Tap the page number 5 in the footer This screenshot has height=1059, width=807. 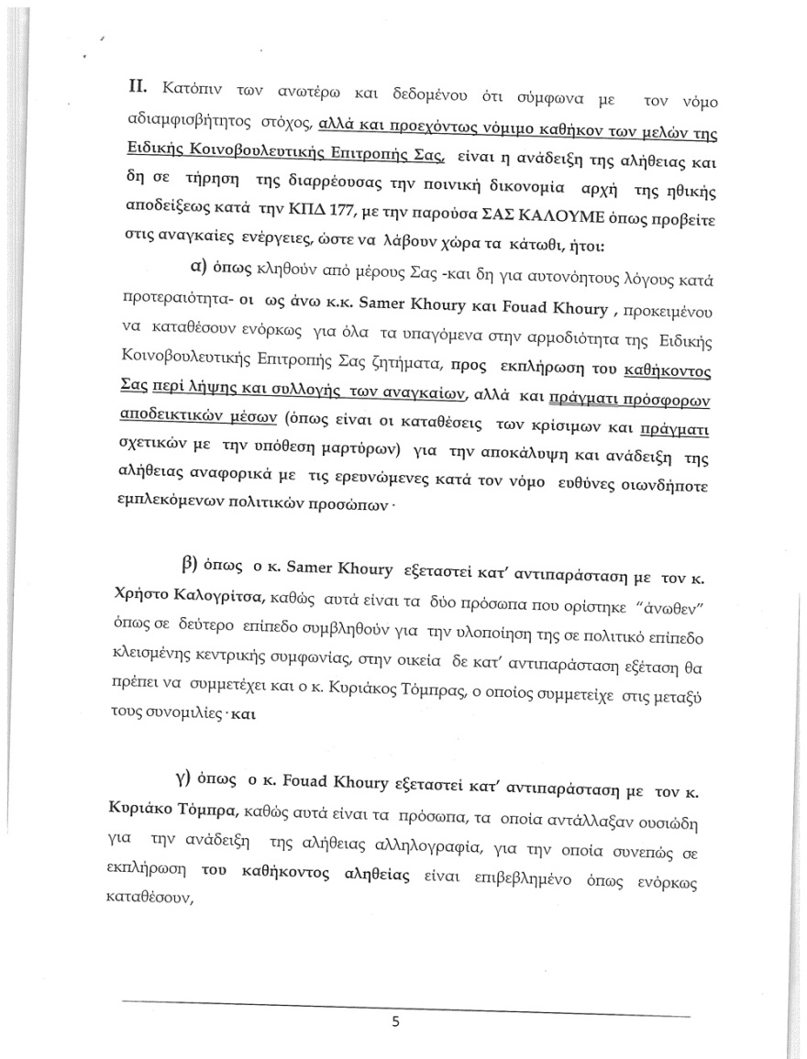click(395, 1023)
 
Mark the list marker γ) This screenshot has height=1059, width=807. click(194, 785)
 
